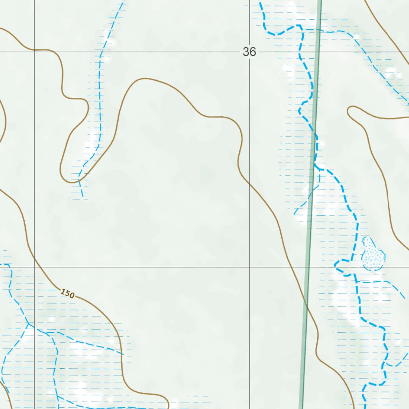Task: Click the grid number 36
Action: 249,52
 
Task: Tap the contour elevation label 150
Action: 68,294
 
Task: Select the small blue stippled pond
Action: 373,256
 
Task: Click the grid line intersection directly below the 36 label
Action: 250,267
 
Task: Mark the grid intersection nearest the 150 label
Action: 34,267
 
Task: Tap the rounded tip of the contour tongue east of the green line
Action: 350,111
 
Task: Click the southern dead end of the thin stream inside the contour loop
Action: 83,198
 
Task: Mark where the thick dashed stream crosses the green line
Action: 314,132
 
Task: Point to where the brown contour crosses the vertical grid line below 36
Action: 250,184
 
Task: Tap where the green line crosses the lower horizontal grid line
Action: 308,267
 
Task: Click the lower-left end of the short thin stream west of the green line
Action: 295,214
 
